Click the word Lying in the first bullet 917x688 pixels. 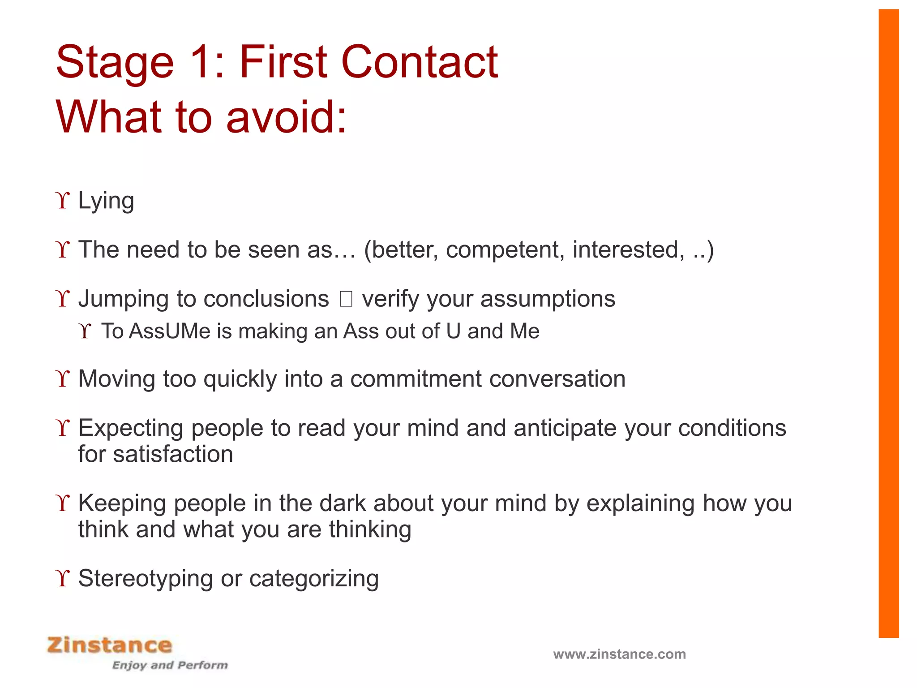106,201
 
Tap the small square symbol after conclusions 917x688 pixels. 346,299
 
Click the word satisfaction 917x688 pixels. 173,454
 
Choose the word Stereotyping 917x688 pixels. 146,578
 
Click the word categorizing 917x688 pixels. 314,578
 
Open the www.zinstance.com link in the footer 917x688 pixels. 619,654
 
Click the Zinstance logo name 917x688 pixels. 110,645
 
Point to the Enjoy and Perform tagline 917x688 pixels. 170,665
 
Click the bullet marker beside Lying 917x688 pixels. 64,201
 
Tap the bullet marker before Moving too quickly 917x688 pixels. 64,379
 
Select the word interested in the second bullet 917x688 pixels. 628,249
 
